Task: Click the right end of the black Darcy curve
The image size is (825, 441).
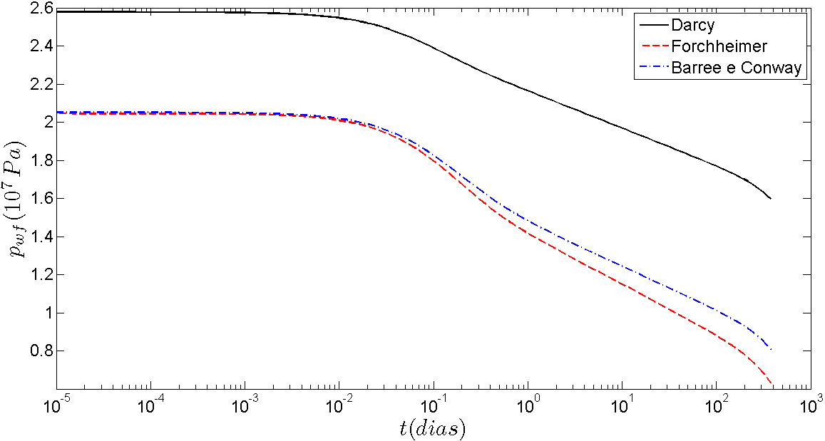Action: point(771,199)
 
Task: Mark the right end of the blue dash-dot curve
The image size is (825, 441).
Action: point(771,349)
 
